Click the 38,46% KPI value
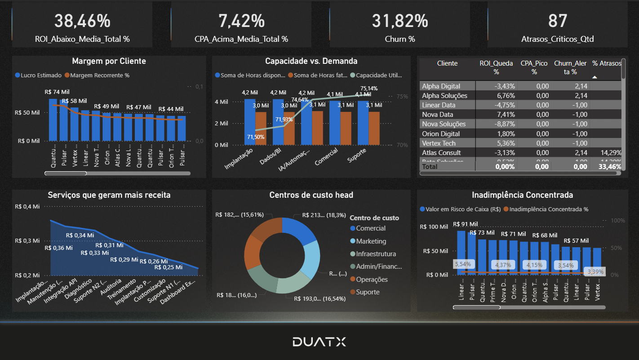click(82, 21)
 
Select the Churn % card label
click(399, 39)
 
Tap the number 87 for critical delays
click(557, 21)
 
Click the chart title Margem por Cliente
click(109, 61)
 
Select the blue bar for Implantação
click(250, 122)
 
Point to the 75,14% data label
click(368, 89)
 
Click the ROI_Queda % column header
click(496, 67)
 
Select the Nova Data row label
click(437, 115)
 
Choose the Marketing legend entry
click(371, 241)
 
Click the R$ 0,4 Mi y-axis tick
click(27, 207)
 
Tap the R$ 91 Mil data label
click(466, 224)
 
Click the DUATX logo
click(319, 342)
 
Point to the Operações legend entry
click(372, 280)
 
